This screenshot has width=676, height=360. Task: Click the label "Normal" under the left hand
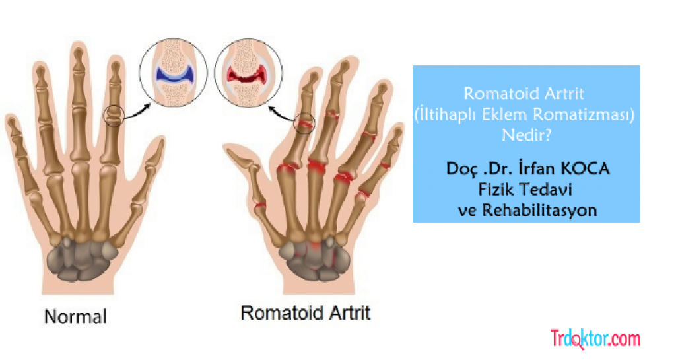(x=75, y=316)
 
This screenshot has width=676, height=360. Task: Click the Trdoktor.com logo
(x=595, y=339)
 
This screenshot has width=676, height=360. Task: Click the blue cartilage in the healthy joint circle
(x=174, y=74)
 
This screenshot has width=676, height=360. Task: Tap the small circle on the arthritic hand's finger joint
(x=304, y=123)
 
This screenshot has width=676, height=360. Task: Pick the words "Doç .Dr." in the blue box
(x=473, y=169)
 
